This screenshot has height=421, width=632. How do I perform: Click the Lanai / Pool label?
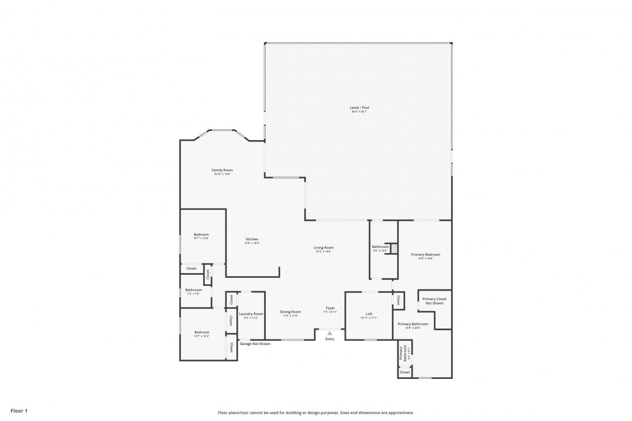pos(360,108)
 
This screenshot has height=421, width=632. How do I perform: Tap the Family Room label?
pos(222,170)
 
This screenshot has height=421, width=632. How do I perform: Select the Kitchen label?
pos(252,239)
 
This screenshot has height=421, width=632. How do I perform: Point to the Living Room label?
pos(324,247)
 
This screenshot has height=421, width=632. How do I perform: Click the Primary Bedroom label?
pos(425,254)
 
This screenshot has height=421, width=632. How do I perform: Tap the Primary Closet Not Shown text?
pos(434,301)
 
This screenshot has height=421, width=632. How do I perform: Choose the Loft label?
pos(369,314)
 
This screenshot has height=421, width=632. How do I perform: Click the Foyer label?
pos(330,308)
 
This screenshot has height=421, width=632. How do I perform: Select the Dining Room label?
pos(290,312)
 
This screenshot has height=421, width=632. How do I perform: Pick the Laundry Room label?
pos(251,314)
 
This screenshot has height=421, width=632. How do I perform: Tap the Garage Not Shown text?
pos(255,344)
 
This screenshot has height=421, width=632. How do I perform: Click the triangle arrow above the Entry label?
pos(329,333)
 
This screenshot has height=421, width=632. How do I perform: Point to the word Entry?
pos(329,339)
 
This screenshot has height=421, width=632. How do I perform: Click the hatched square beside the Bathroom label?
pos(394,249)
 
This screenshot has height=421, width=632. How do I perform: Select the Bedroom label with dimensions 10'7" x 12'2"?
pos(201,332)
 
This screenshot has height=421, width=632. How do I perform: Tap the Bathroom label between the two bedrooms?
pos(193,290)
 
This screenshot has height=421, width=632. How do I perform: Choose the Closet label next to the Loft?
pos(398,300)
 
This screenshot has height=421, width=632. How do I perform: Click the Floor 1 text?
pos(19,411)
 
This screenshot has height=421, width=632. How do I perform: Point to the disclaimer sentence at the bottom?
pos(315,412)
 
